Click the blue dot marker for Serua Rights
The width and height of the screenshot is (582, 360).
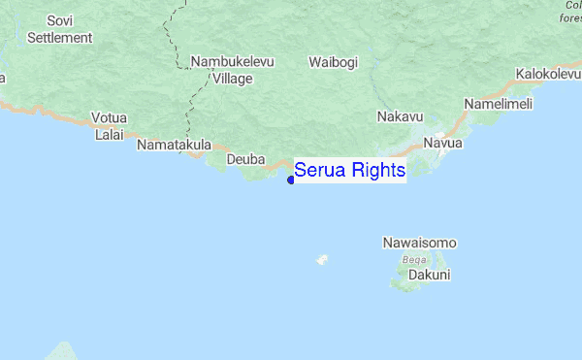click(291, 179)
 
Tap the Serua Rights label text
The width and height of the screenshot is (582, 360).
click(349, 171)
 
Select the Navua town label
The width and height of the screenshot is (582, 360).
click(443, 144)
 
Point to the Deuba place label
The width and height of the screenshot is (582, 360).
click(245, 159)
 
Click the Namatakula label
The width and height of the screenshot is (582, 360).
click(175, 145)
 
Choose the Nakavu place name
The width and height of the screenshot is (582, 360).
click(400, 117)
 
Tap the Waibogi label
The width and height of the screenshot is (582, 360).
click(333, 62)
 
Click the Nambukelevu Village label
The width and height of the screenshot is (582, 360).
click(233, 70)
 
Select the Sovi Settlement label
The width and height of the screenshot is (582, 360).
click(59, 29)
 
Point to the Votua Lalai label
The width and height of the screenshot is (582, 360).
click(109, 126)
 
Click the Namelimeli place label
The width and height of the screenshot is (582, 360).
click(499, 104)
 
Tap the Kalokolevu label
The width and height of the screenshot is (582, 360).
click(548, 74)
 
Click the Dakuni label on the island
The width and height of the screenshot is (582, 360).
click(429, 275)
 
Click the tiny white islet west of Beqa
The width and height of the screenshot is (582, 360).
click(322, 259)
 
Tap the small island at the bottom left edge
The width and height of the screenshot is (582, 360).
click(63, 351)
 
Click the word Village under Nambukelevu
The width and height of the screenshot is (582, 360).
click(232, 79)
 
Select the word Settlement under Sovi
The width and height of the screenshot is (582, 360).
click(59, 38)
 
